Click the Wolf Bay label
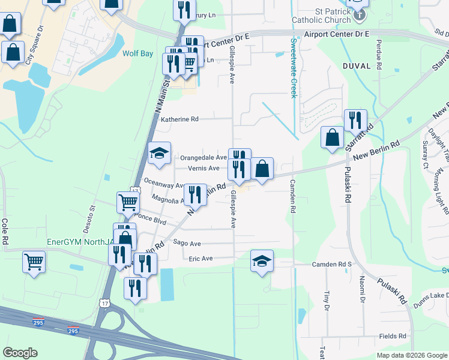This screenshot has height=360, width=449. coord(138,53)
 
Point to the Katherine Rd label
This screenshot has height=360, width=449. coord(179,119)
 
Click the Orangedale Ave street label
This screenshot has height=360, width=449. coord(203,158)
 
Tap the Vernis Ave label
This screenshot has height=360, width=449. coord(203,169)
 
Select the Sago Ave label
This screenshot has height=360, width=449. coord(186,244)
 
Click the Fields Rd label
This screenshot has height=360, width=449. coord(393,337)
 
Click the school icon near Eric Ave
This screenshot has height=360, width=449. coord(262,261)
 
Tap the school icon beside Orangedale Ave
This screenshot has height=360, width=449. coord(160,154)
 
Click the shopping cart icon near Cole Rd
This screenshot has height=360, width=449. coord(34,261)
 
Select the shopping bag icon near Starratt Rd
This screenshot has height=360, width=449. coord(332,137)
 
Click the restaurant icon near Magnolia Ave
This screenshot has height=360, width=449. coord(195,195)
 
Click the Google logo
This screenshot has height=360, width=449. coord(20,353)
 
